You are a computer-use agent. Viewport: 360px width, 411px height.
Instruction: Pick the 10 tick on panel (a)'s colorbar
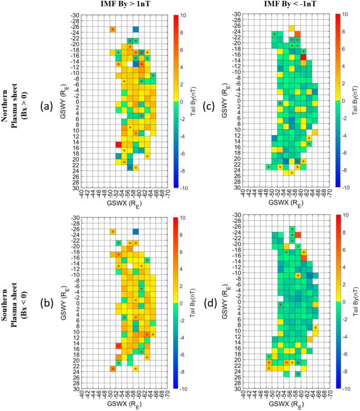(x=182, y=15)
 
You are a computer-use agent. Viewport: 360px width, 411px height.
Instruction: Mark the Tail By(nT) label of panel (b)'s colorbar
(x=192, y=303)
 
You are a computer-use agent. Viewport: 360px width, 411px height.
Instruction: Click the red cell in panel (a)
(x=118, y=145)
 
